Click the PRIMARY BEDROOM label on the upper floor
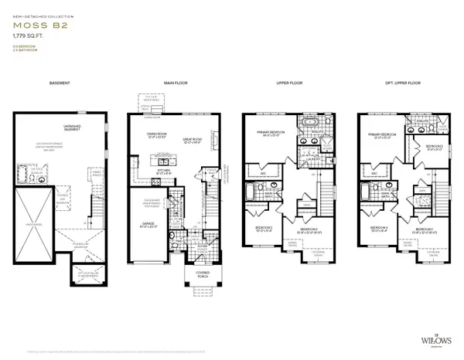269,132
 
